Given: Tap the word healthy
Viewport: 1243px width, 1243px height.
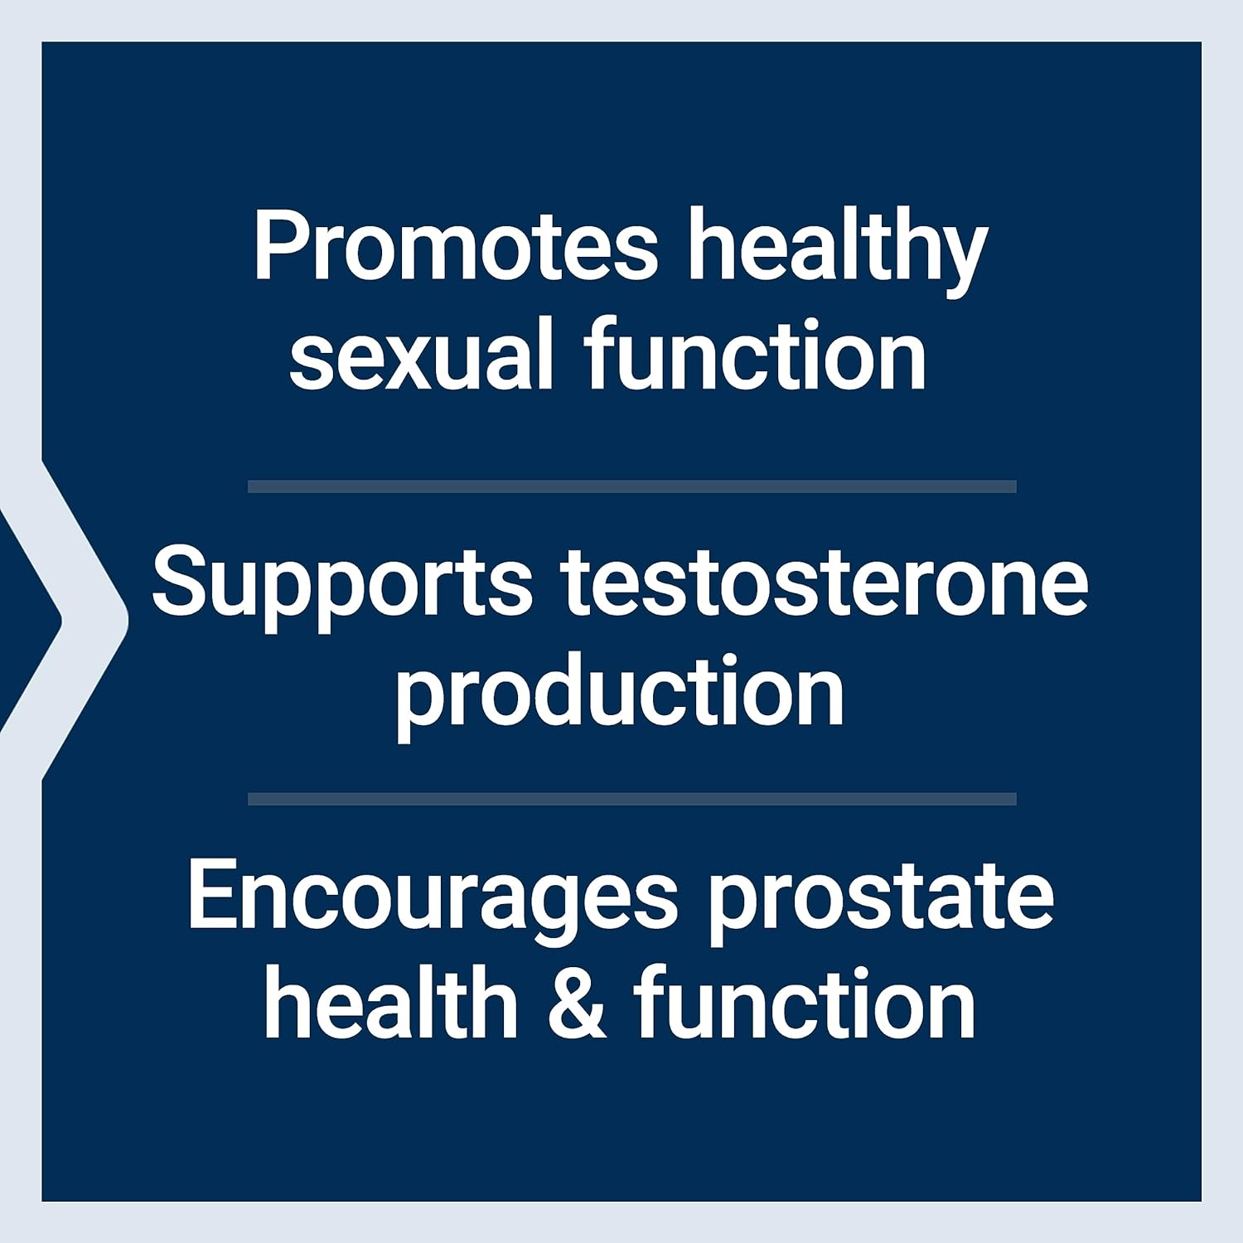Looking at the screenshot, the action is point(838,252).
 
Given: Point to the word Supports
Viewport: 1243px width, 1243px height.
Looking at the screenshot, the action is point(342,587).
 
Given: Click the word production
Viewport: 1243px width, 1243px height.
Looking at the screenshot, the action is point(620,694).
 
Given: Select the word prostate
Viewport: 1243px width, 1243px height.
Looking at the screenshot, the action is point(881,901).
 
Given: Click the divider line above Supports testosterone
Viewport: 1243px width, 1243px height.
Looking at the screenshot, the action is point(631,486).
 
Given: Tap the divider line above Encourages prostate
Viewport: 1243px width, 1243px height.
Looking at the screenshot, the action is point(631,799).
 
